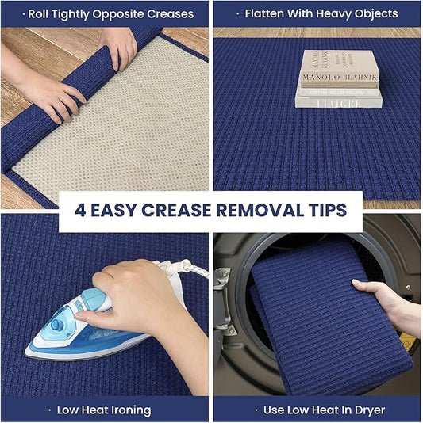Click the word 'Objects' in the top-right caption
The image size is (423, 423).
coord(370,14)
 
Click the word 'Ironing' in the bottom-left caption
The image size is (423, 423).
coord(127,410)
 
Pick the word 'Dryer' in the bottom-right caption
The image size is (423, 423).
coord(368,410)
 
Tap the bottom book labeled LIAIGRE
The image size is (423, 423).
coord(338,100)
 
